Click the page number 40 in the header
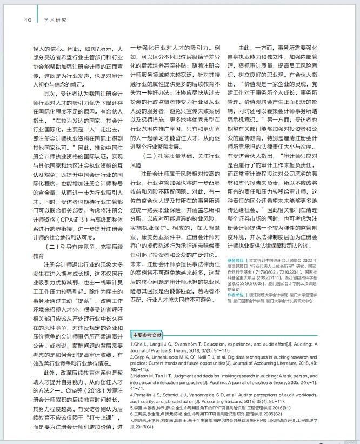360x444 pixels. click(27, 21)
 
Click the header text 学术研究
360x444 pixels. click(55, 21)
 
